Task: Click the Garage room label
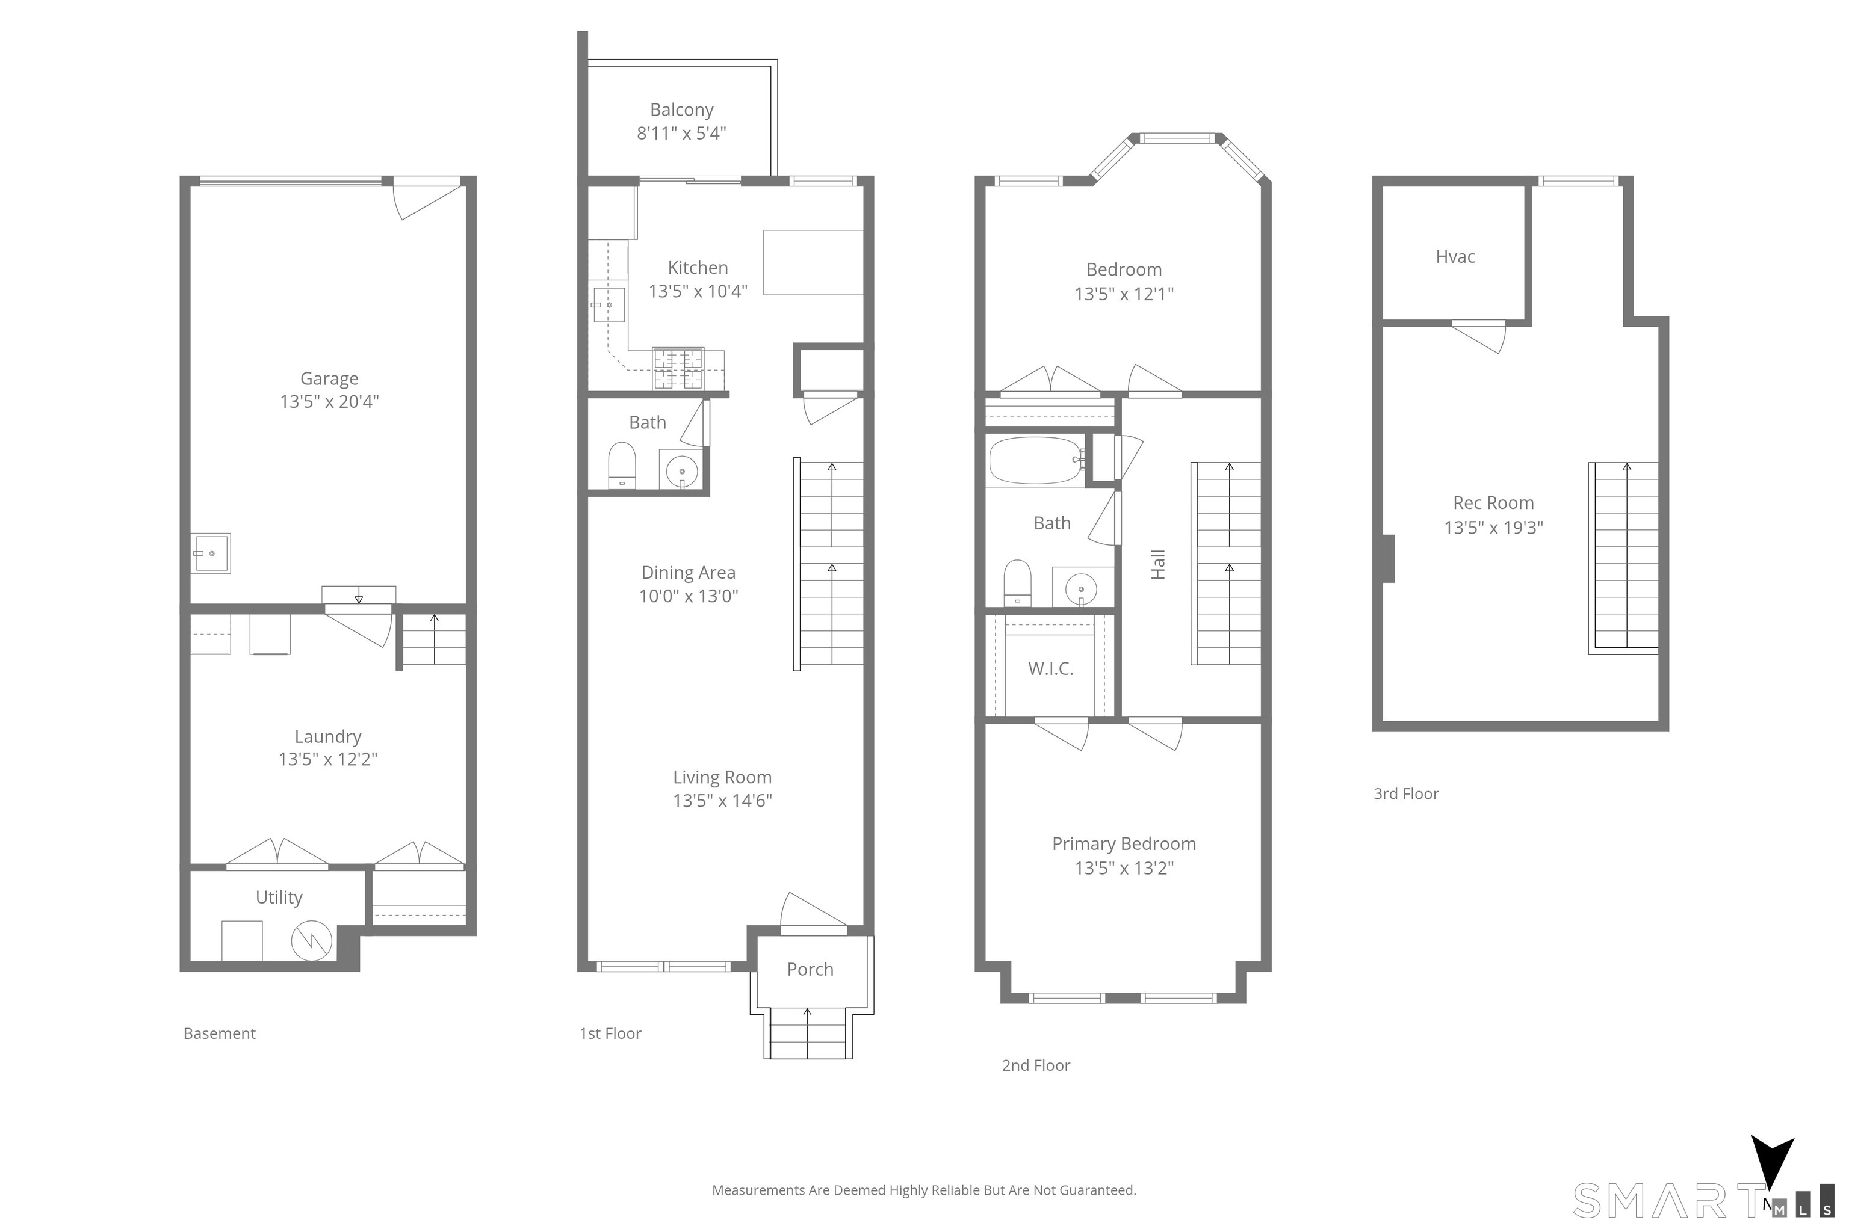[329, 379]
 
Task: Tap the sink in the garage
[211, 553]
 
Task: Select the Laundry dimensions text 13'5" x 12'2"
[328, 759]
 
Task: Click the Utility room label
[279, 898]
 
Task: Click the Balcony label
[681, 110]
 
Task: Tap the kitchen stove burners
[678, 369]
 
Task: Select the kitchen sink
[608, 305]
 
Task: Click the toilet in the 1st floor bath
[622, 465]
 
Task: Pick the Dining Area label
[689, 573]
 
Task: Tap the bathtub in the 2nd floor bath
[1035, 460]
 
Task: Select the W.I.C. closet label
[1050, 669]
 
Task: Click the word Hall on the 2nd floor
[1158, 564]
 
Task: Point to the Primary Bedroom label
[1124, 844]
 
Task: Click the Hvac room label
[1455, 257]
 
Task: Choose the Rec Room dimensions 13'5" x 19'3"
[1494, 527]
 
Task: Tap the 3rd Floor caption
[1407, 793]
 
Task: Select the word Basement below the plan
[219, 1033]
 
